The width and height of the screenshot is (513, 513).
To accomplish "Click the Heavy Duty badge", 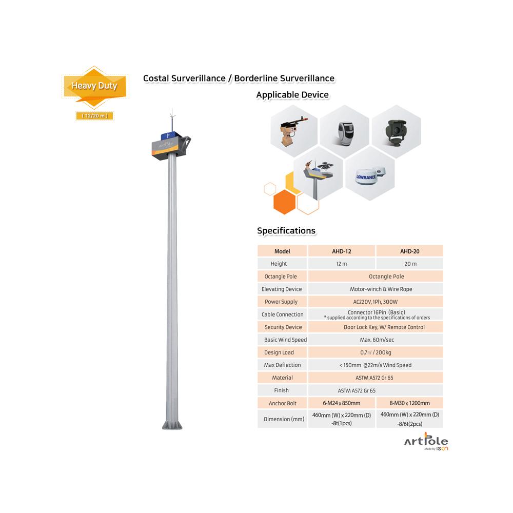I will (x=94, y=86).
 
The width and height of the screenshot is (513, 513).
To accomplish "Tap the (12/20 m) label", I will (x=94, y=116).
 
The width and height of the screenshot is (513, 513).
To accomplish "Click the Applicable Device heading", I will (x=292, y=95).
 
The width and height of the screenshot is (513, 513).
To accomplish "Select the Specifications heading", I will (x=286, y=231).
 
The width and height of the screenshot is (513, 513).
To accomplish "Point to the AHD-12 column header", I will (x=342, y=251).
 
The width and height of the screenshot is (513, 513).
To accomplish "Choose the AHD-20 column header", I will (x=410, y=251).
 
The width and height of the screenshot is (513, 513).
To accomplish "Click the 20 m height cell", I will (x=410, y=264).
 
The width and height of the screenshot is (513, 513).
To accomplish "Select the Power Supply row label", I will (x=281, y=302).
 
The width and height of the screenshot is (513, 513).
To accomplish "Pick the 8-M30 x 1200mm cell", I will (x=410, y=403).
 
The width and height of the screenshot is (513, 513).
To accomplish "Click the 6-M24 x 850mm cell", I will (x=342, y=403).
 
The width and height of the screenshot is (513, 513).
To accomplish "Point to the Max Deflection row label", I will (x=282, y=365).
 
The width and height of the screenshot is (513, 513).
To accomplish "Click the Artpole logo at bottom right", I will (x=426, y=442).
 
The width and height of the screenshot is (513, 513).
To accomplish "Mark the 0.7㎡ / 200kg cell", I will (x=376, y=352).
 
